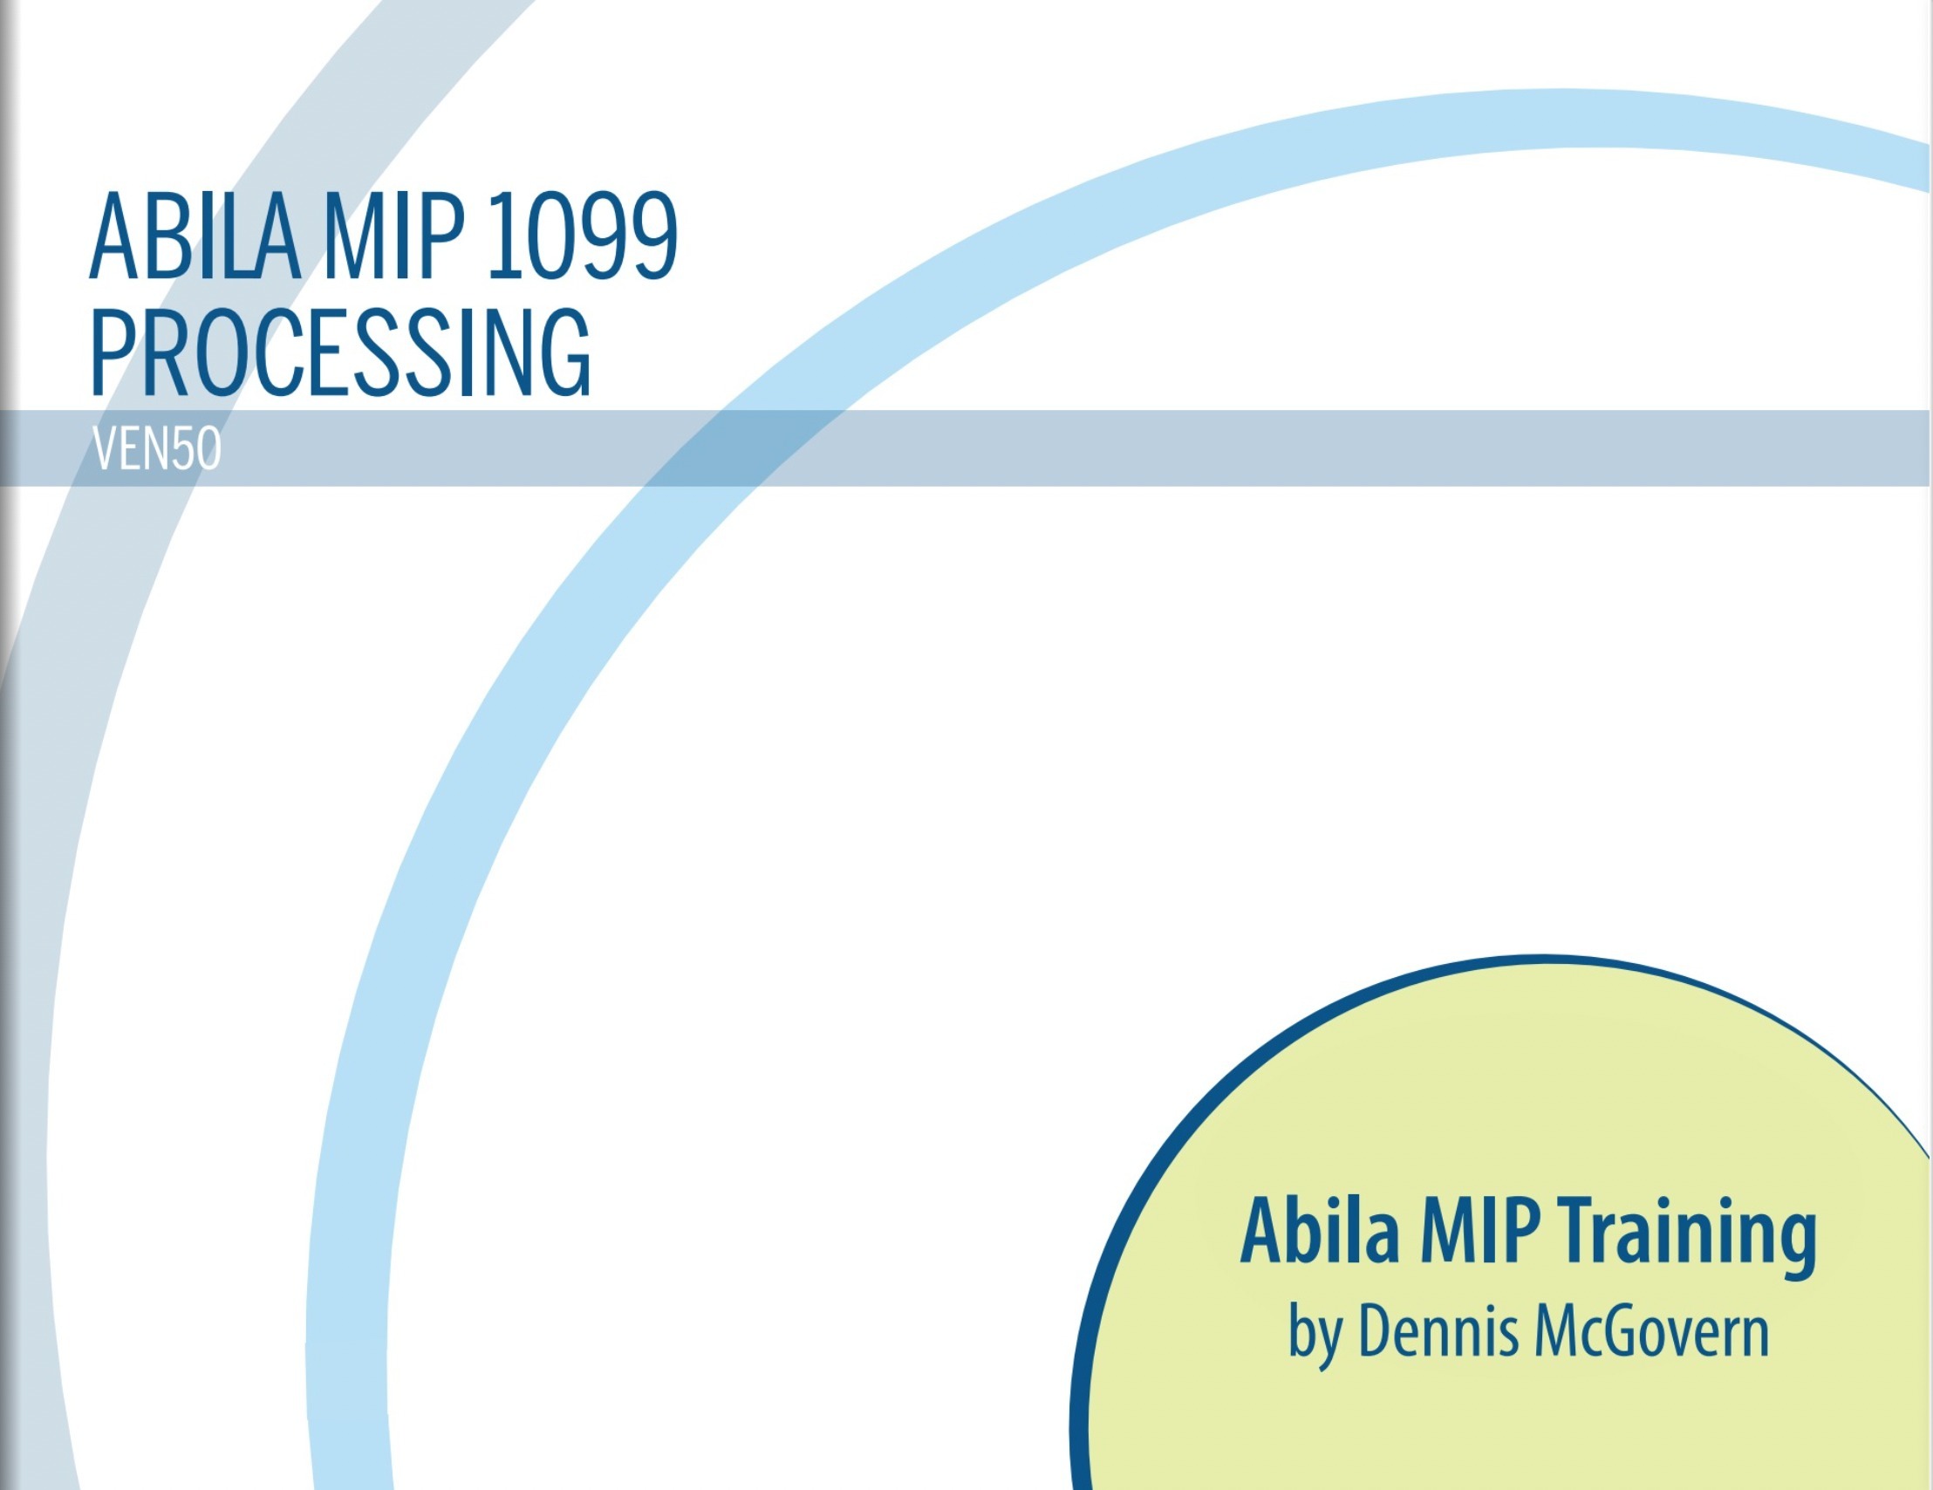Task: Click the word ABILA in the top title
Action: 195,236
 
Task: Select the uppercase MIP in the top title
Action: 394,236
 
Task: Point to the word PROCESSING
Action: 341,352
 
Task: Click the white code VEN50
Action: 157,449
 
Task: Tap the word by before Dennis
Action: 1315,1336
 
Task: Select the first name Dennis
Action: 1438,1330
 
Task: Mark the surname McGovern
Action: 1651,1330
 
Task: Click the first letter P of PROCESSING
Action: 113,352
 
